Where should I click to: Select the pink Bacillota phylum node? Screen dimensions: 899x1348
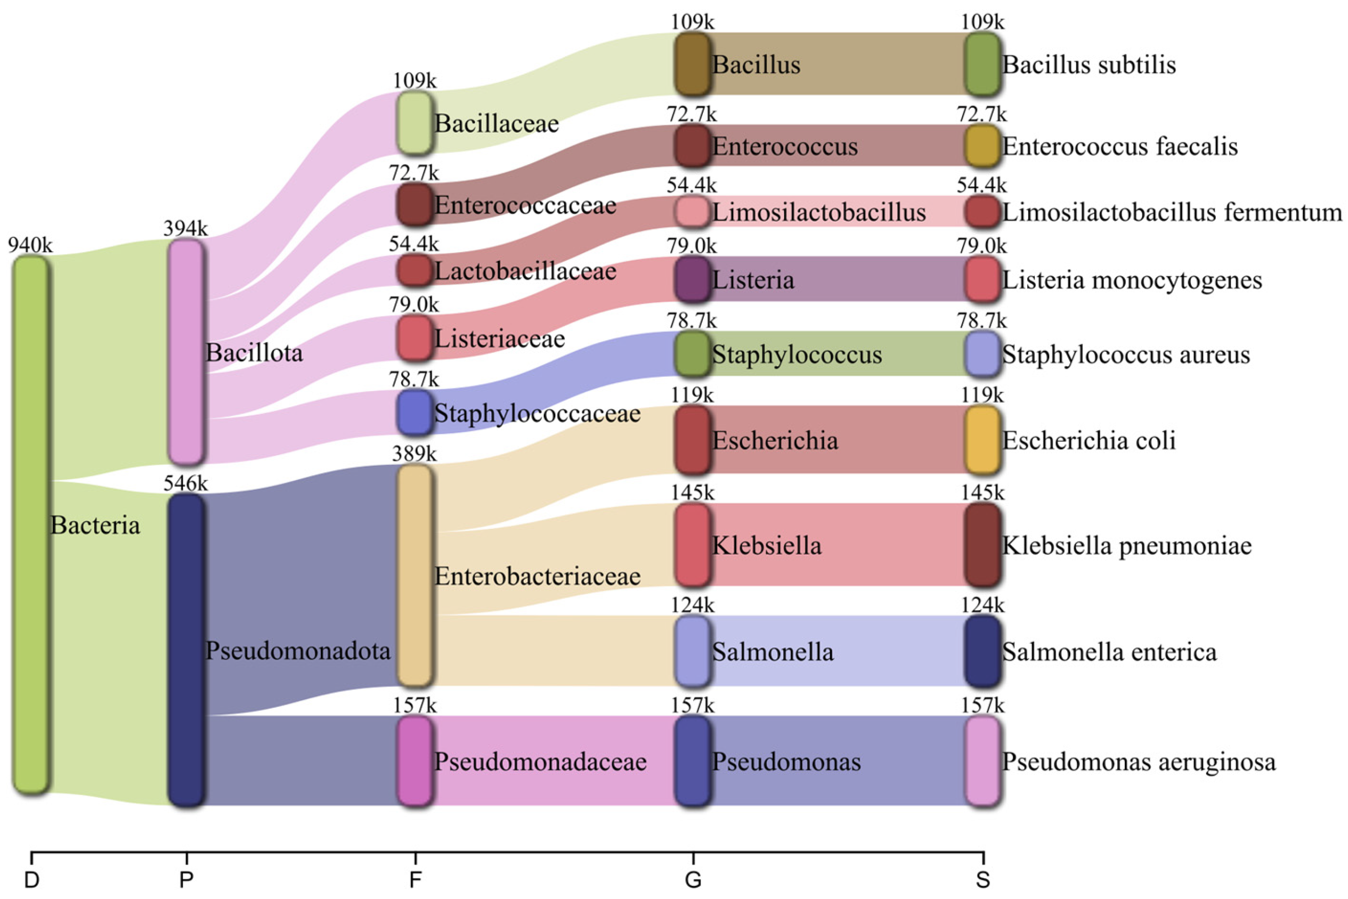[x=186, y=351]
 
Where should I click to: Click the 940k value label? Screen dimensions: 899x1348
[x=30, y=246]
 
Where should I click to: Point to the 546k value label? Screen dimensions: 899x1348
[x=185, y=484]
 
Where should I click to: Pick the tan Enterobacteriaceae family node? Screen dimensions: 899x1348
[x=414, y=575]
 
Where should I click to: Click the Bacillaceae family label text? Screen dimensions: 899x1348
[x=497, y=123]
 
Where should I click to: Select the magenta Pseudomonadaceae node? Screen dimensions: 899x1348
[x=414, y=761]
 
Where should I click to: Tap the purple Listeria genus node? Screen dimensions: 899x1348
[x=693, y=279]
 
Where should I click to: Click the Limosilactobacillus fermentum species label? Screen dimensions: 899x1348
[x=1172, y=213]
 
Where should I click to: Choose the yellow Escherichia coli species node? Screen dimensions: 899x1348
[x=982, y=440]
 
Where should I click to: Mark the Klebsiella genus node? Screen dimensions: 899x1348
[x=693, y=545]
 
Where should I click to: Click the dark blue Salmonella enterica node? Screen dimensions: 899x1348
[x=982, y=651]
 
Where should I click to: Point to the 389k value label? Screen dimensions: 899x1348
[x=414, y=454]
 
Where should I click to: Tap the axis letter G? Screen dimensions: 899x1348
[x=693, y=880]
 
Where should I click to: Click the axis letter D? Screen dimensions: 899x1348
[x=32, y=880]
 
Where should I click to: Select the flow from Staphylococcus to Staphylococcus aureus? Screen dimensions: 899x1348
[x=837, y=354]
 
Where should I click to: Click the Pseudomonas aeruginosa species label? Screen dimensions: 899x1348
[x=1139, y=761]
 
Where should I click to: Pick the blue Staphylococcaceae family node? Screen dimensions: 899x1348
[x=414, y=413]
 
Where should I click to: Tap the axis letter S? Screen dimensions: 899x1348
[x=982, y=880]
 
